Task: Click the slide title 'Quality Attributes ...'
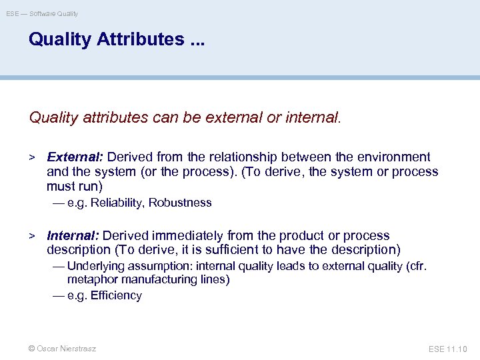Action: click(117, 39)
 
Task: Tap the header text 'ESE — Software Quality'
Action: click(42, 13)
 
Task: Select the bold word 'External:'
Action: click(75, 157)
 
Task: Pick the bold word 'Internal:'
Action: click(73, 236)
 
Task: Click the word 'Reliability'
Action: click(119, 203)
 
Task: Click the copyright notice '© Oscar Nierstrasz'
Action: click(62, 349)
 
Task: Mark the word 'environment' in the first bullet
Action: click(393, 157)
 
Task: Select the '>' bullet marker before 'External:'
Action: click(31, 157)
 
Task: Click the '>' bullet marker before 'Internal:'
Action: click(31, 236)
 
